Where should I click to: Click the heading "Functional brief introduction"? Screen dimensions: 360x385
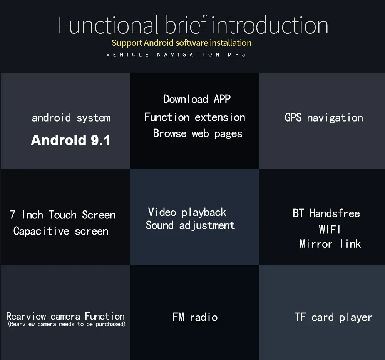[x=193, y=25]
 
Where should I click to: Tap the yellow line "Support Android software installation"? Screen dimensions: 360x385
[x=181, y=43]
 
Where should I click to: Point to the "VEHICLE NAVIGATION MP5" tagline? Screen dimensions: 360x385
[x=176, y=55]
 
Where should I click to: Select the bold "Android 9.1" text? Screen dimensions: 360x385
[x=70, y=140]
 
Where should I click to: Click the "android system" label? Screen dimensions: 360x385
[x=71, y=118]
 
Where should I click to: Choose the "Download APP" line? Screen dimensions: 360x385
[x=197, y=99]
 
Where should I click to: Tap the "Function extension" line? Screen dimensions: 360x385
[x=195, y=117]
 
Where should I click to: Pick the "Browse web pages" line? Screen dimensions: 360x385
[x=198, y=133]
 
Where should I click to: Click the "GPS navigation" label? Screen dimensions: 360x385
[x=323, y=118]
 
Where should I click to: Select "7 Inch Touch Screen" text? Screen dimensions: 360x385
[x=62, y=215]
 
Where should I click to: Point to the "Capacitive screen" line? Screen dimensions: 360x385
[x=60, y=231]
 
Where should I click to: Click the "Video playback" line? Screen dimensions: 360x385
[x=187, y=212]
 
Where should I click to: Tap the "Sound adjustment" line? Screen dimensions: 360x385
[x=190, y=225]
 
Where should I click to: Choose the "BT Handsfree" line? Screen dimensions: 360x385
[x=326, y=213]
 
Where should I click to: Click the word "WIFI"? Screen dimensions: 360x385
[x=330, y=230]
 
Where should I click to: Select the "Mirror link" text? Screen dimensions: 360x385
[x=330, y=244]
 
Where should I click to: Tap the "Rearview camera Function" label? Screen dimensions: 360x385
[x=65, y=317]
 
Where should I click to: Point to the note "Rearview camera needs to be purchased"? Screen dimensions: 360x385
[x=67, y=324]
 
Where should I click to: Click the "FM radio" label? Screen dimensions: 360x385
[x=195, y=317]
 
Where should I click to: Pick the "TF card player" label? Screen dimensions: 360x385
[x=333, y=317]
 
